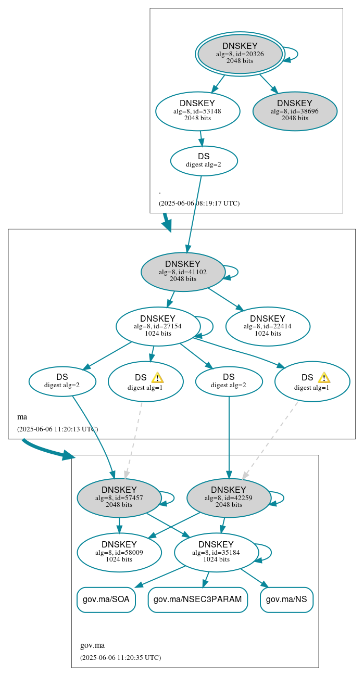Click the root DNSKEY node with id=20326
click(x=240, y=54)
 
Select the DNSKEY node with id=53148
click(x=197, y=111)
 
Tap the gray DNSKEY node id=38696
click(x=295, y=111)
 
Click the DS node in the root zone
click(x=204, y=160)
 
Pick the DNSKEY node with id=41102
click(x=183, y=272)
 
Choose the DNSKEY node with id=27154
click(x=158, y=326)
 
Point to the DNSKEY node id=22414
click(x=268, y=326)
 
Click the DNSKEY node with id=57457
click(x=119, y=498)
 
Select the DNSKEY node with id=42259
click(x=229, y=498)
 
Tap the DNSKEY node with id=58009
click(x=119, y=553)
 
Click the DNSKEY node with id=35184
click(x=216, y=553)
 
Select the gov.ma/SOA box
click(x=106, y=600)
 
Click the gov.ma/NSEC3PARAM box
click(x=197, y=600)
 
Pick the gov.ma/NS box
click(x=286, y=600)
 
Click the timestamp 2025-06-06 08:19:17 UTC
click(x=199, y=203)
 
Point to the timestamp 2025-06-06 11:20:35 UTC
click(x=120, y=658)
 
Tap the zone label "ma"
click(x=22, y=417)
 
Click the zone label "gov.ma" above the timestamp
click(x=92, y=646)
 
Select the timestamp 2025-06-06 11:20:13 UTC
click(x=57, y=429)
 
